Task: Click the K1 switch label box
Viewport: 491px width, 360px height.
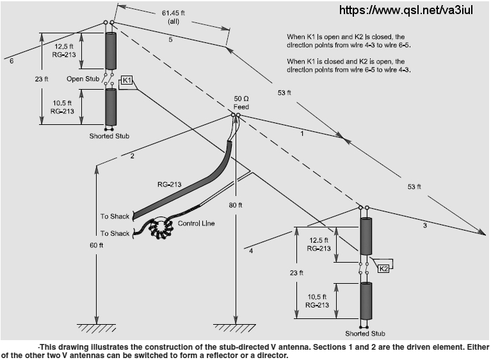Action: pyautogui.click(x=127, y=80)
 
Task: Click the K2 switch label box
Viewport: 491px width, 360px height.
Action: pyautogui.click(x=384, y=269)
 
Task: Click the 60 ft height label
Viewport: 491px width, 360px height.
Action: pyautogui.click(x=97, y=244)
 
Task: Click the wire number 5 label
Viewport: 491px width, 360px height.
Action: pyautogui.click(x=170, y=40)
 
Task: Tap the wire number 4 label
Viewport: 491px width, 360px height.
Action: pyautogui.click(x=250, y=251)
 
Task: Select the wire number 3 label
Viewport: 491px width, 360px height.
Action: pyautogui.click(x=424, y=225)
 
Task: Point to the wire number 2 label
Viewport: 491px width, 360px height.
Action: pyautogui.click(x=131, y=156)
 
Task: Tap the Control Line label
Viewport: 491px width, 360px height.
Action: pyautogui.click(x=196, y=224)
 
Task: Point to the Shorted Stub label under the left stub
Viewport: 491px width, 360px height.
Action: pyautogui.click(x=109, y=136)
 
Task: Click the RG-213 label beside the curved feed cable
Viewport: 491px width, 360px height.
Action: pyautogui.click(x=169, y=184)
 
